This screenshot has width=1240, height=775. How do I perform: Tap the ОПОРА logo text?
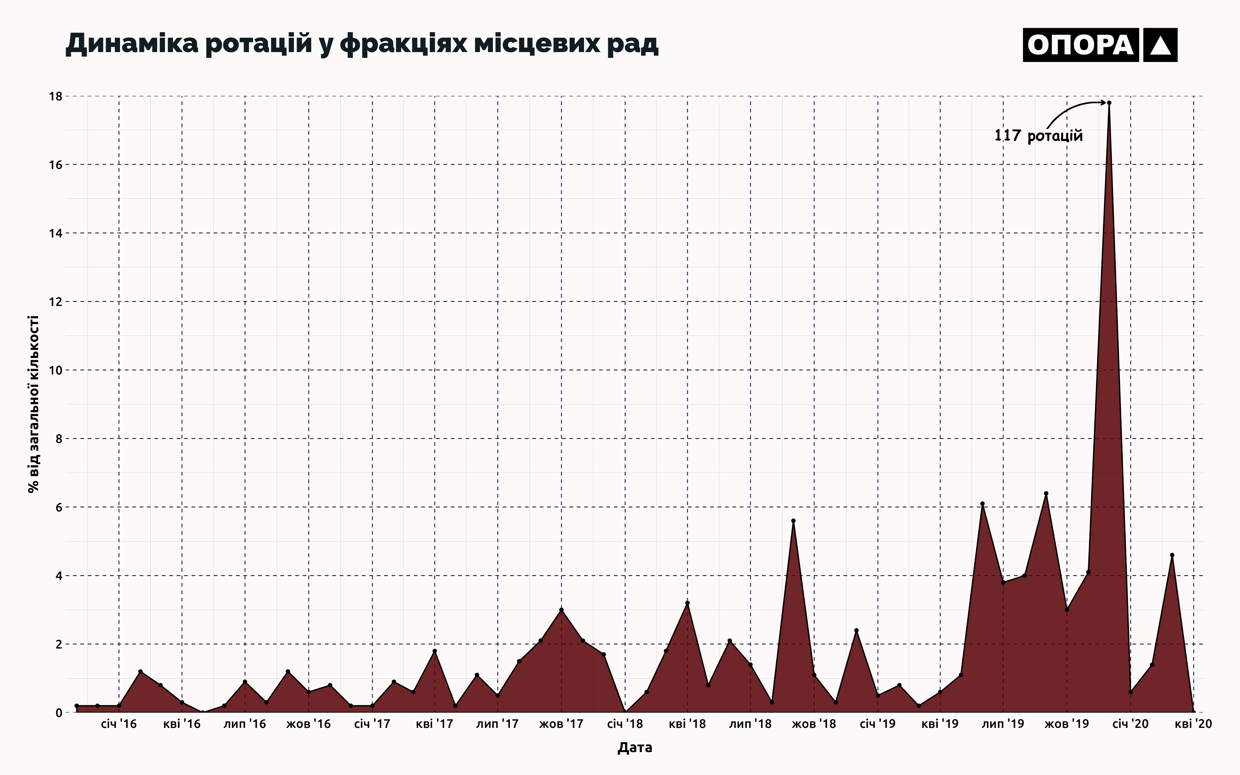1080,45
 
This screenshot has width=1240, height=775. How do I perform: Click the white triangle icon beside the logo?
1160,46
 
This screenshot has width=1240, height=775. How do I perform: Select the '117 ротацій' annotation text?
1038,136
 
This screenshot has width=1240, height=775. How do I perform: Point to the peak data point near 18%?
1109,103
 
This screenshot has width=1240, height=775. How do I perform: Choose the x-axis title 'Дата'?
634,747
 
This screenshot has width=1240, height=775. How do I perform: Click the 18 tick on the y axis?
55,96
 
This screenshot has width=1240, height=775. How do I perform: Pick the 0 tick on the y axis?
59,712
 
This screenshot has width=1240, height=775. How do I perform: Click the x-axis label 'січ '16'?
119,724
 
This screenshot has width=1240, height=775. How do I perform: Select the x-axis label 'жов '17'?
561,724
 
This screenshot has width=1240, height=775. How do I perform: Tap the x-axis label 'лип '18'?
750,724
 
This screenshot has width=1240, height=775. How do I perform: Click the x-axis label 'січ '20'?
1130,724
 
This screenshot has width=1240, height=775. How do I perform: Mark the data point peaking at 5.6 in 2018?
793,521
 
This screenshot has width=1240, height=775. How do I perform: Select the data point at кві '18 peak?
688,603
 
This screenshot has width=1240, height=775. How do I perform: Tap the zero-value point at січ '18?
625,712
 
